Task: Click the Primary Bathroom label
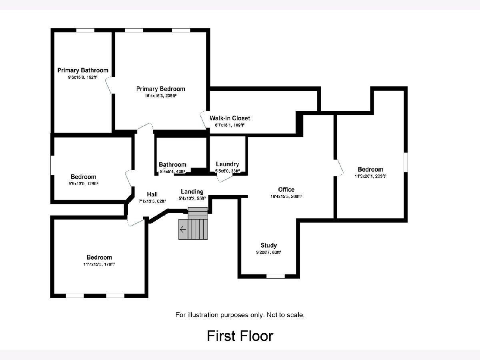82,70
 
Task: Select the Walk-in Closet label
230,118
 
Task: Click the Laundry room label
227,164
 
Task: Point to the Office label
286,190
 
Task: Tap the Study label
268,245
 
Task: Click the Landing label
192,192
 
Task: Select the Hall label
152,194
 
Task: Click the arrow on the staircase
183,229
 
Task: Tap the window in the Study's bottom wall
276,276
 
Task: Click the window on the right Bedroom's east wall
405,162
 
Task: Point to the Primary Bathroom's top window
85,30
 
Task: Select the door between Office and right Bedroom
339,168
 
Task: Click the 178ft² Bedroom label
99,257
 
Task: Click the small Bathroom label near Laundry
172,164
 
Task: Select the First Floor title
240,336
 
